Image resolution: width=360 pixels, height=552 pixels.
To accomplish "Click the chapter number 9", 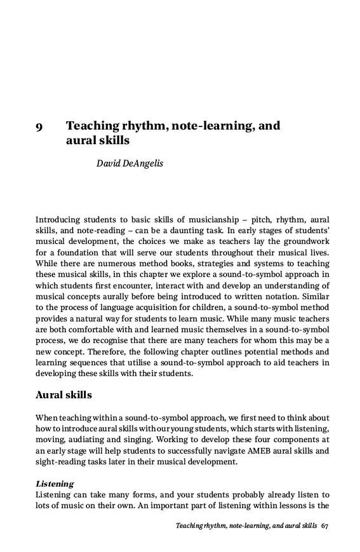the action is pyautogui.click(x=39, y=126).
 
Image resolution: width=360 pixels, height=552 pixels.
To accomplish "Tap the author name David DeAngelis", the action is pyautogui.click(x=130, y=164).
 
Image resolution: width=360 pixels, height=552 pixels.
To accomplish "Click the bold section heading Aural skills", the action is pyautogui.click(x=63, y=395).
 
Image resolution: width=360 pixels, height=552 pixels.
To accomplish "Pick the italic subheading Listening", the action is pyautogui.click(x=55, y=483).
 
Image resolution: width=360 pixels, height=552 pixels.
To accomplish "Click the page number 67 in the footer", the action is pyautogui.click(x=325, y=526).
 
